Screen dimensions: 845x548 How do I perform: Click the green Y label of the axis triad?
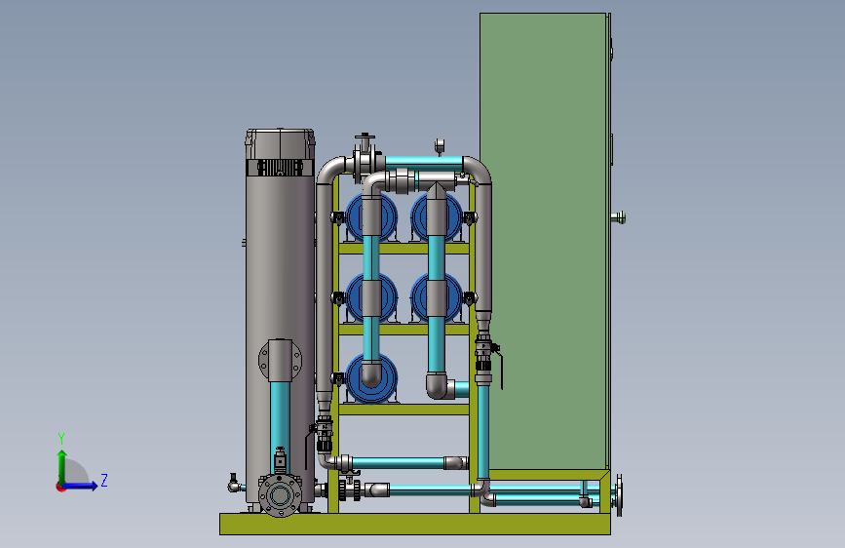point(61,439)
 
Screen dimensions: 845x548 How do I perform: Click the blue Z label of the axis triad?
point(104,480)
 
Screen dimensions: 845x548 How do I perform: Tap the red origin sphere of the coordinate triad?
point(60,487)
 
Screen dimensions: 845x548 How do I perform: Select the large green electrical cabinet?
point(545,241)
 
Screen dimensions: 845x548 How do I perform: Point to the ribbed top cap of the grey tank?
point(280,152)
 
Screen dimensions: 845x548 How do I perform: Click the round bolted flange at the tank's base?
point(280,495)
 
